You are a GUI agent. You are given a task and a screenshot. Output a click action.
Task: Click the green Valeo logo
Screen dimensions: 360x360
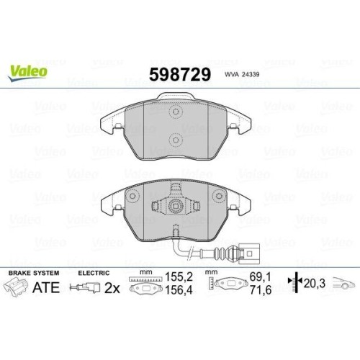[x=27, y=73]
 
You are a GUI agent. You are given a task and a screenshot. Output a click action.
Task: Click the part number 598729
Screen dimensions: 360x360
[x=180, y=74]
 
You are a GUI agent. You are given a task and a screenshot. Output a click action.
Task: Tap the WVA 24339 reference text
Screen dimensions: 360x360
[x=242, y=74]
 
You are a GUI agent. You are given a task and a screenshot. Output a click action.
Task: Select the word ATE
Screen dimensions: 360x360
[x=46, y=287]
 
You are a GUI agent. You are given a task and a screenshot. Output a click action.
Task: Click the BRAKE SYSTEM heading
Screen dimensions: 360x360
[x=34, y=273]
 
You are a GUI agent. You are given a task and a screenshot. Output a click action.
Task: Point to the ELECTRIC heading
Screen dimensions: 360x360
[x=94, y=273]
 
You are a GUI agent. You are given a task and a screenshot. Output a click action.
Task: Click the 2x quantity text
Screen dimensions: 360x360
[x=112, y=288]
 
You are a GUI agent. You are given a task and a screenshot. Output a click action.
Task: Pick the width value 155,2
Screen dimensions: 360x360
[x=179, y=277]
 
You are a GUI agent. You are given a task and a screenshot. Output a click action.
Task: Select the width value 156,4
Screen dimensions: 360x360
[x=179, y=290]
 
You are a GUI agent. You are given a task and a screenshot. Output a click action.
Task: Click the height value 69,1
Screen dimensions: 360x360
[x=261, y=277]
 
